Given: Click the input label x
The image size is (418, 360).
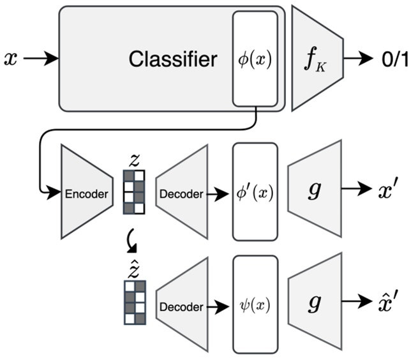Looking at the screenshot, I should coord(11,59).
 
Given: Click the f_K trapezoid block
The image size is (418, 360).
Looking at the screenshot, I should coord(318,59).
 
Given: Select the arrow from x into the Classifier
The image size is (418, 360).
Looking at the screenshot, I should coord(41,59).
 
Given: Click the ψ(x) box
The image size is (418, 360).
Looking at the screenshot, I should coord(255,305).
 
